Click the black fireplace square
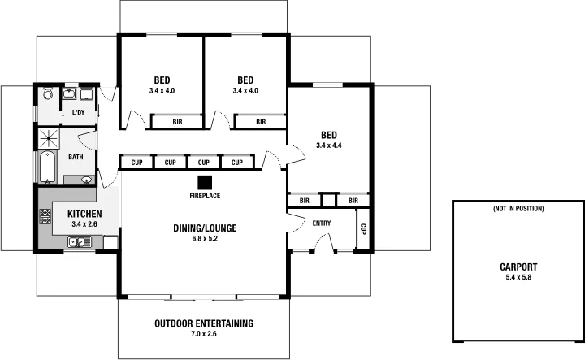[x=205, y=182]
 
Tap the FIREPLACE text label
[x=204, y=196]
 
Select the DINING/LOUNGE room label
[x=204, y=228]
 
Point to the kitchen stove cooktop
[x=45, y=218]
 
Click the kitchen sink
[x=80, y=241]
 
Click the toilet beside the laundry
[x=47, y=94]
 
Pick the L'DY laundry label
[x=80, y=112]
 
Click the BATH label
[x=76, y=157]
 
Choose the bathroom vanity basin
[x=85, y=180]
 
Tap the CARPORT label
[x=518, y=267]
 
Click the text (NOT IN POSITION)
[x=518, y=209]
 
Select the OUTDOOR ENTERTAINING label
[x=204, y=323]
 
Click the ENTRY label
[x=322, y=222]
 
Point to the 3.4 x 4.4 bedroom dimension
[x=329, y=145]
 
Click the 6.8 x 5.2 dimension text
[x=204, y=239]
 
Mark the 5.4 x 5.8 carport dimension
[x=518, y=277]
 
